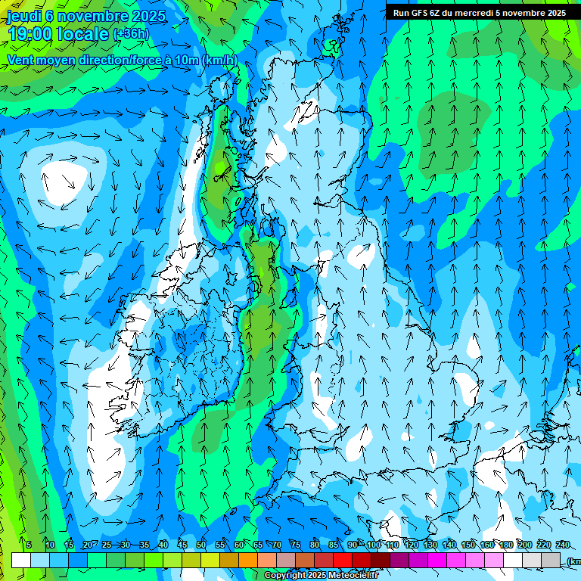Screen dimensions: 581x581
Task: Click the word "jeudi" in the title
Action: pyautogui.click(x=23, y=16)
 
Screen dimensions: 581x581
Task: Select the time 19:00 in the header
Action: pyautogui.click(x=30, y=34)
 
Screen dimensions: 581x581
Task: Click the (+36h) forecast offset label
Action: pyautogui.click(x=131, y=34)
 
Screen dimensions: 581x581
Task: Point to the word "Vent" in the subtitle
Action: pyautogui.click(x=22, y=61)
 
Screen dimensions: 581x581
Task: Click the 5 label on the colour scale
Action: pyautogui.click(x=29, y=545)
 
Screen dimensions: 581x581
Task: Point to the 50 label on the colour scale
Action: pyautogui.click(x=201, y=545)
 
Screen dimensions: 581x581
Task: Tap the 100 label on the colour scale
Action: pyautogui.click(x=373, y=545)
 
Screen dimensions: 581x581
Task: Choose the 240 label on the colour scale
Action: pyautogui.click(x=562, y=545)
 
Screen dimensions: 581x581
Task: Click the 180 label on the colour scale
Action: pyautogui.click(x=505, y=545)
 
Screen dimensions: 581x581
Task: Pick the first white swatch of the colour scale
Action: pyautogui.click(x=21, y=560)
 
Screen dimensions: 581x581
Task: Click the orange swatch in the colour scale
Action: pyautogui.click(x=229, y=560)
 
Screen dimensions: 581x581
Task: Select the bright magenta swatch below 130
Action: pyautogui.click(x=437, y=560)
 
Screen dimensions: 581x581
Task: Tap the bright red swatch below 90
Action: pyautogui.click(x=343, y=560)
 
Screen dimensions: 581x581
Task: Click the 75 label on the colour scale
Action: pyautogui.click(x=296, y=545)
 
